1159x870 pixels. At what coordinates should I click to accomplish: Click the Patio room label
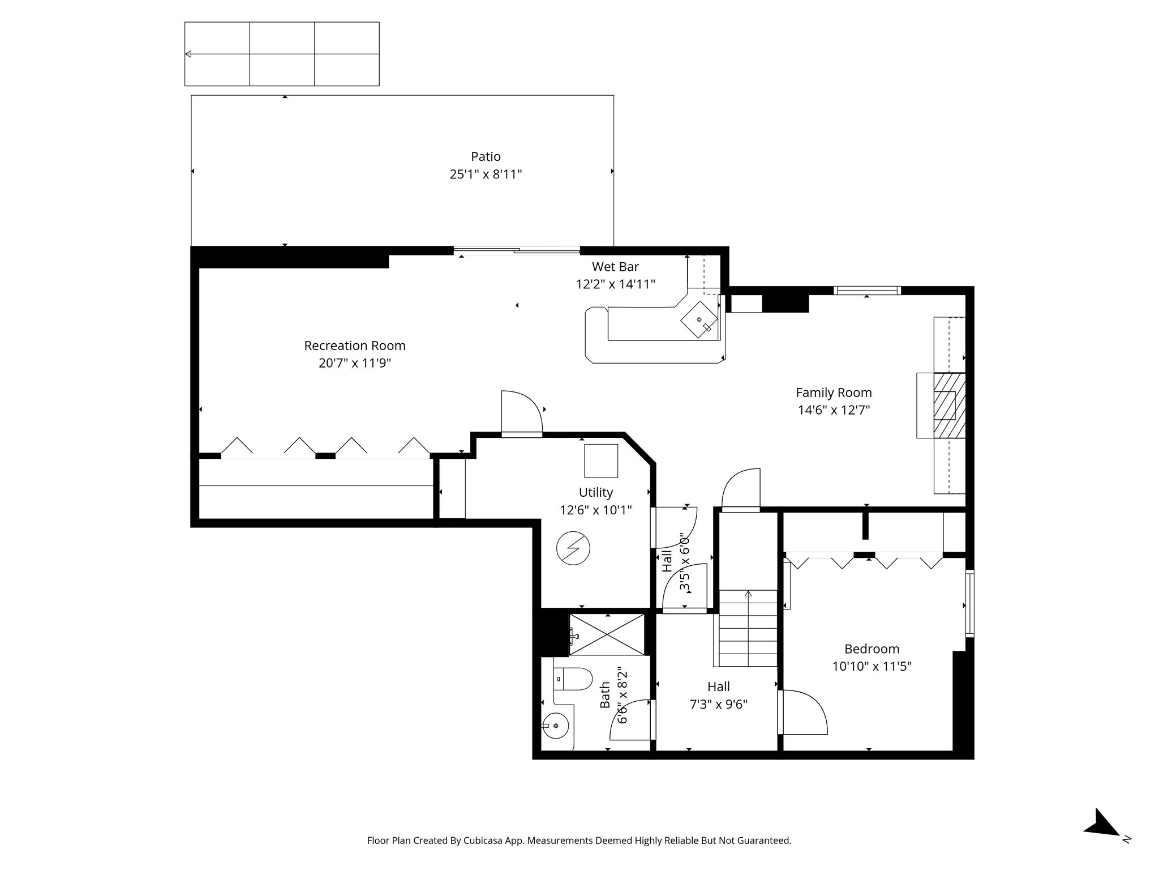pos(486,156)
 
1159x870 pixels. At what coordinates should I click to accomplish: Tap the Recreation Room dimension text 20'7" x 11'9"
pos(355,363)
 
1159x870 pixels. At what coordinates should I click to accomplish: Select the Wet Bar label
pos(615,266)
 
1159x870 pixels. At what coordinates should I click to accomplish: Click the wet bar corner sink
pos(700,320)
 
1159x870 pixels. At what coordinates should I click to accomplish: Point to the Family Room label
pos(834,393)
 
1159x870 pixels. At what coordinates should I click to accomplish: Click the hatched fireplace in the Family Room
pos(948,404)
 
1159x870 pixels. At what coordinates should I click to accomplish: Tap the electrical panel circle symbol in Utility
pos(573,548)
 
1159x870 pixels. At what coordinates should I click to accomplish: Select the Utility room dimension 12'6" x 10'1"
pos(595,510)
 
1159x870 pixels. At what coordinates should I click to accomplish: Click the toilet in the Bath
pos(573,678)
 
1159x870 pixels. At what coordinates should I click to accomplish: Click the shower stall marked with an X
pos(607,634)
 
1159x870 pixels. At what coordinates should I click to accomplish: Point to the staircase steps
pos(748,629)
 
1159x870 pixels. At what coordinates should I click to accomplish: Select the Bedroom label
pos(872,649)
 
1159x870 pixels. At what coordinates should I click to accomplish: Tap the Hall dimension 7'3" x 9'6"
pos(718,705)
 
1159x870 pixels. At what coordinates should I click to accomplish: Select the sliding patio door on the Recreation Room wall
pos(516,250)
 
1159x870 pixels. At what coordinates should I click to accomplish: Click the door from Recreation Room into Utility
pos(521,413)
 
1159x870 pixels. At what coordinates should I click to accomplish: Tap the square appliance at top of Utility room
pos(601,460)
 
